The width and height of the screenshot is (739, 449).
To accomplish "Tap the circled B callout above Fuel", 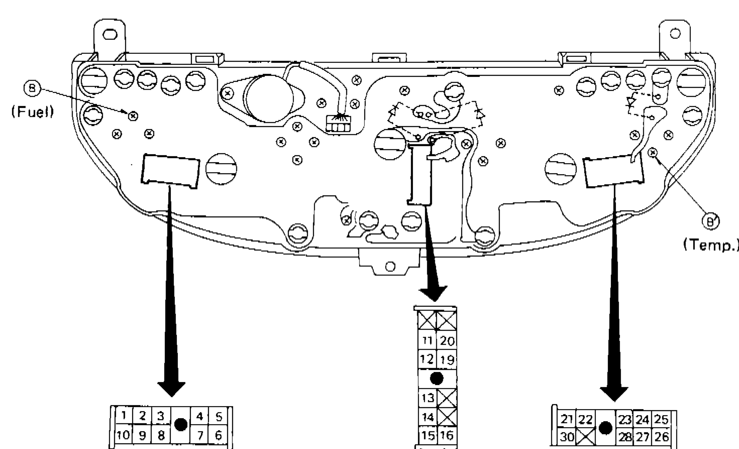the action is (x=34, y=89).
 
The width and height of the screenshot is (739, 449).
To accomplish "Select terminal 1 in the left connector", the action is (x=123, y=416).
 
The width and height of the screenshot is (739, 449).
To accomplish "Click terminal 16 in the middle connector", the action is (x=447, y=435).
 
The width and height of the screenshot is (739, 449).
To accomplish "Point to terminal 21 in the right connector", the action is (x=567, y=419).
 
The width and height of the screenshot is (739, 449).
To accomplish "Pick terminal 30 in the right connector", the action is (x=567, y=437).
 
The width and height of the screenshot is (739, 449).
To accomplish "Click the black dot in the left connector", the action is (x=181, y=425).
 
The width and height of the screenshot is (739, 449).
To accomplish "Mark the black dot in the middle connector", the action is (x=437, y=378).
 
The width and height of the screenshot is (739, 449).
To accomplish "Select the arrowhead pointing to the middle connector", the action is (x=434, y=293).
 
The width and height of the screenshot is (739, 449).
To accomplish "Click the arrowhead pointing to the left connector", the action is (x=171, y=389).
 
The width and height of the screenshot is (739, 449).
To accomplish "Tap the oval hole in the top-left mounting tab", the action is (x=109, y=35).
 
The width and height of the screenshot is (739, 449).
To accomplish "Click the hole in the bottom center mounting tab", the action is (x=390, y=267).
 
